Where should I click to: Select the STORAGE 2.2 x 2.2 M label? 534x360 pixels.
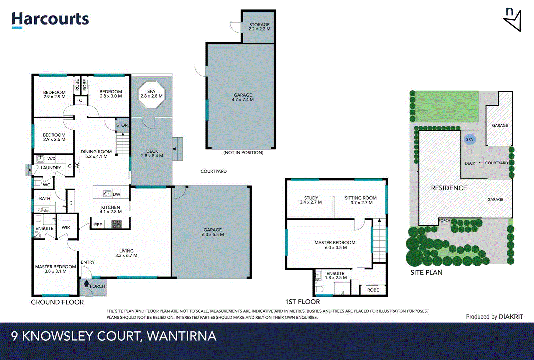tap(259, 27)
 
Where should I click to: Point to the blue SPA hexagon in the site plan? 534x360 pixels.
tap(469, 139)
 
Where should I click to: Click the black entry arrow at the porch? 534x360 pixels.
tap(87, 283)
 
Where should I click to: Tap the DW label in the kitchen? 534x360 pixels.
tap(116, 194)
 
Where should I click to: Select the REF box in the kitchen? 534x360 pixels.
tap(98, 225)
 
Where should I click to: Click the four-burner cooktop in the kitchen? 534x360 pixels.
tap(116, 224)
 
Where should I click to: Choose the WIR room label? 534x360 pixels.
tap(66, 227)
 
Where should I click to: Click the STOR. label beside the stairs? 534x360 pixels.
tap(122, 125)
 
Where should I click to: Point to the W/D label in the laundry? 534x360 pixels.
tap(51, 159)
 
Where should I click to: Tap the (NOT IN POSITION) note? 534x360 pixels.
tap(243, 153)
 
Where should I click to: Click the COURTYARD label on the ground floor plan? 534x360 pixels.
tap(214, 171)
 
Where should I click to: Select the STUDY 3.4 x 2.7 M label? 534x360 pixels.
tap(311, 200)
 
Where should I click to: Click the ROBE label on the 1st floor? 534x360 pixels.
tap(373, 290)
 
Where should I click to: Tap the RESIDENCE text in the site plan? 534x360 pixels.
tap(449, 188)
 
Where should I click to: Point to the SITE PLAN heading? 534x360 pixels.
tap(426, 272)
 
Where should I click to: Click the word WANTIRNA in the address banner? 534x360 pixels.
tap(182, 336)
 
